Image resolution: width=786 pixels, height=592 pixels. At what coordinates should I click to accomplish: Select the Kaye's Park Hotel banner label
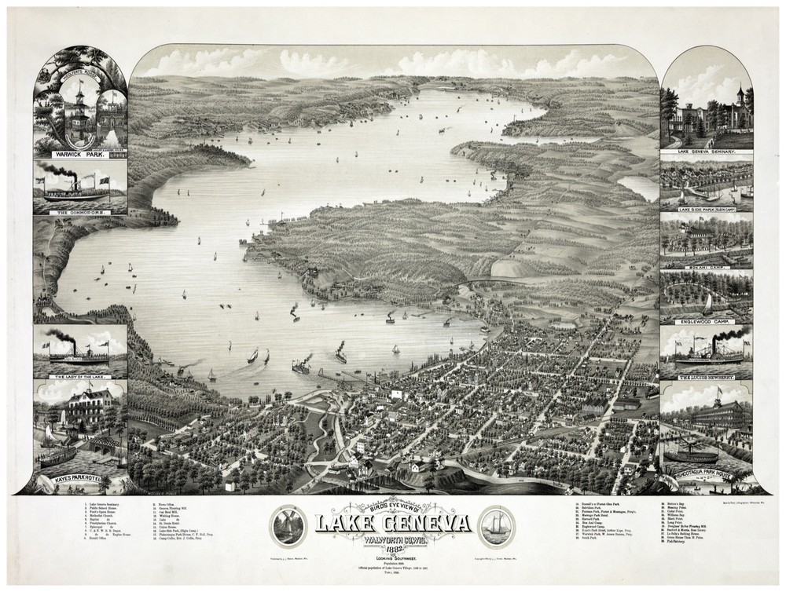(x=80, y=478)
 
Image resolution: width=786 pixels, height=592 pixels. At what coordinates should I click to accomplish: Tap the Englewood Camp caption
(x=705, y=321)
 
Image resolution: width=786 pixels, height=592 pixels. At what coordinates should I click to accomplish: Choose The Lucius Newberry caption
(x=705, y=378)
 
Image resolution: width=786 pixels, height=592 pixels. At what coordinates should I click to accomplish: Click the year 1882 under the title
(x=392, y=548)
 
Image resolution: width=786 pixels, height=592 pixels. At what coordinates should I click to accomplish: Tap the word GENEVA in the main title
(x=428, y=523)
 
